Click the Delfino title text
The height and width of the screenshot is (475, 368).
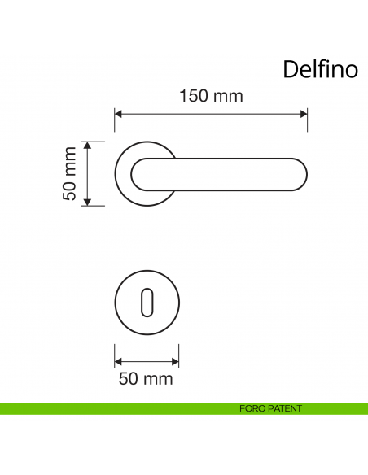point(320,69)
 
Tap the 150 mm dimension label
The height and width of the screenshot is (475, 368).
point(211,96)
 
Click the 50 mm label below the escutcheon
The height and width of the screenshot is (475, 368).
point(146,378)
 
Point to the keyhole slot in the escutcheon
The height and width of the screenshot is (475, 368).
point(147,301)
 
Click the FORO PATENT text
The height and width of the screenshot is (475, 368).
point(271,408)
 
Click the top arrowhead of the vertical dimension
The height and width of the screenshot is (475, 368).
point(87,146)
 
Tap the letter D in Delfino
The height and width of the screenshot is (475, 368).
point(290,69)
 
